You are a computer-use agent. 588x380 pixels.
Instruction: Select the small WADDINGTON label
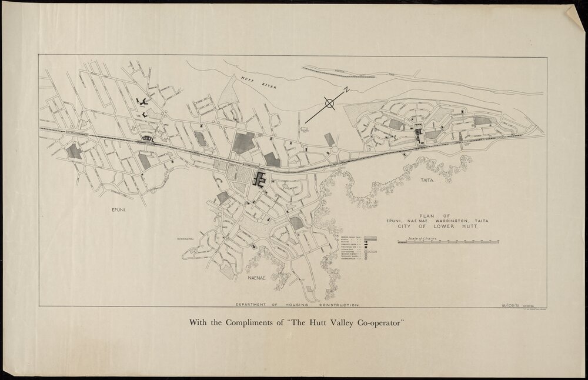click(185, 239)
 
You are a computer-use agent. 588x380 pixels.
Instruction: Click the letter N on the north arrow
click(347, 90)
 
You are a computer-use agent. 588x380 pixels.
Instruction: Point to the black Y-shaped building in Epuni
click(142, 104)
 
